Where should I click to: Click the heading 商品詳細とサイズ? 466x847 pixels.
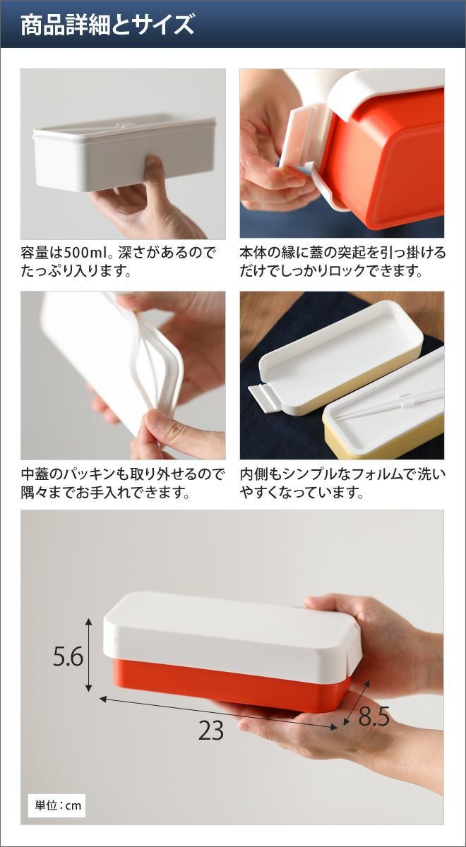107,25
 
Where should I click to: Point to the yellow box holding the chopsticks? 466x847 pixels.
382,416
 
